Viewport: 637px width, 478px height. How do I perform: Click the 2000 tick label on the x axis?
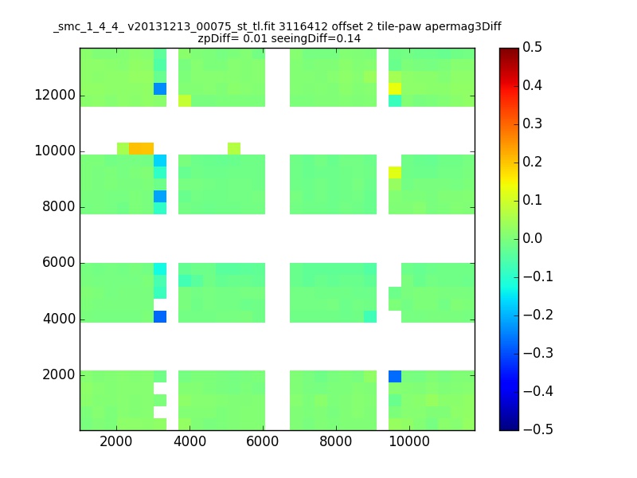click(116, 441)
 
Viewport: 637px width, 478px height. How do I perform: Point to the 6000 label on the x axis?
click(263, 441)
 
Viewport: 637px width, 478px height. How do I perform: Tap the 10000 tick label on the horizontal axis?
click(409, 441)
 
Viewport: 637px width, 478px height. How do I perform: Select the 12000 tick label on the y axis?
click(55, 95)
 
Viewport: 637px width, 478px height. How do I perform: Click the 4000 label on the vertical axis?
click(59, 319)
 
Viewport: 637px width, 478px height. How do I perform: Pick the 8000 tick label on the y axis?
click(59, 206)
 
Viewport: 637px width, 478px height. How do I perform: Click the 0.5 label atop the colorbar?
click(532, 47)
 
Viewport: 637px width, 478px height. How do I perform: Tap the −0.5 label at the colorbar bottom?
click(538, 429)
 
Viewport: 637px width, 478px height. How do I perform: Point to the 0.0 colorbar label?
click(532, 238)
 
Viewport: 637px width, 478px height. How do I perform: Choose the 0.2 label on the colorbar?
click(532, 162)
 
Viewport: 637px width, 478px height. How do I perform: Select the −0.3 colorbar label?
click(538, 353)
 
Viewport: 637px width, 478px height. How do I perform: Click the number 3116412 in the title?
click(303, 27)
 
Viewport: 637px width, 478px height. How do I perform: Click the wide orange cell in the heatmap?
click(142, 148)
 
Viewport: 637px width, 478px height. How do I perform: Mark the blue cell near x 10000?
click(395, 376)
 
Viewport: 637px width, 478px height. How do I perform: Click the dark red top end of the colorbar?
click(509, 50)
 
